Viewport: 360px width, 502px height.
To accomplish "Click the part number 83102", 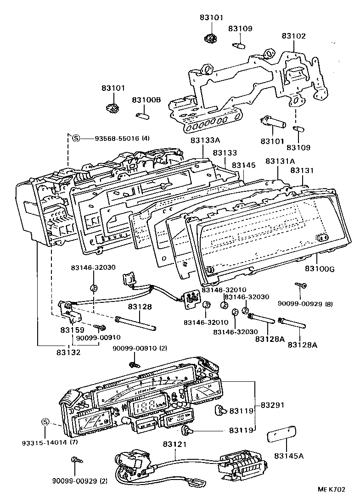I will [x=293, y=36].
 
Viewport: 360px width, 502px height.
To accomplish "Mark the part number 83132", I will [x=68, y=352].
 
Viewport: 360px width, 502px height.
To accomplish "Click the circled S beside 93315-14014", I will [x=45, y=422].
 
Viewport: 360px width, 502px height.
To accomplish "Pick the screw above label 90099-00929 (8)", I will [x=302, y=286].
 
